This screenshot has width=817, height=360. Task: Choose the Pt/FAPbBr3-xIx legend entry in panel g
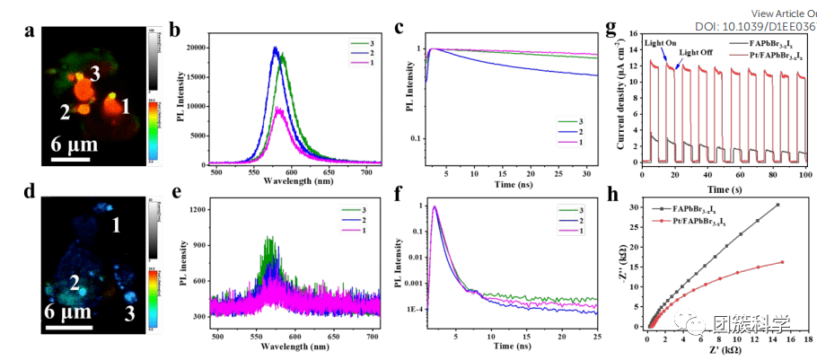click(x=767, y=54)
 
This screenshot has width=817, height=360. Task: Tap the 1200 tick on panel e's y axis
click(x=201, y=210)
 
